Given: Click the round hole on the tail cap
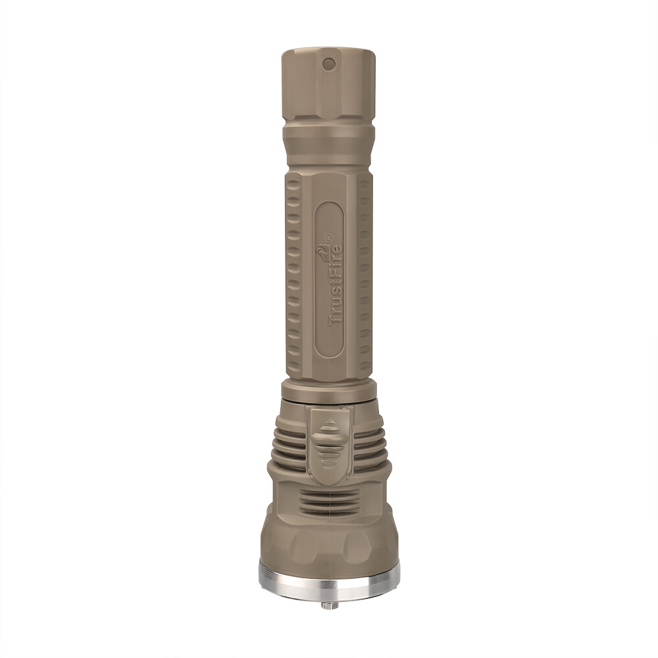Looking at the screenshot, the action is click(328, 64).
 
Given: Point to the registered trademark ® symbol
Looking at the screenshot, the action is click(328, 238).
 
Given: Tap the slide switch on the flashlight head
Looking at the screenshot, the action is click(330, 445).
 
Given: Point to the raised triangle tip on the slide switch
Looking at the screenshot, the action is click(330, 421).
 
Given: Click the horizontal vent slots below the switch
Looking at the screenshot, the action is click(330, 501).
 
